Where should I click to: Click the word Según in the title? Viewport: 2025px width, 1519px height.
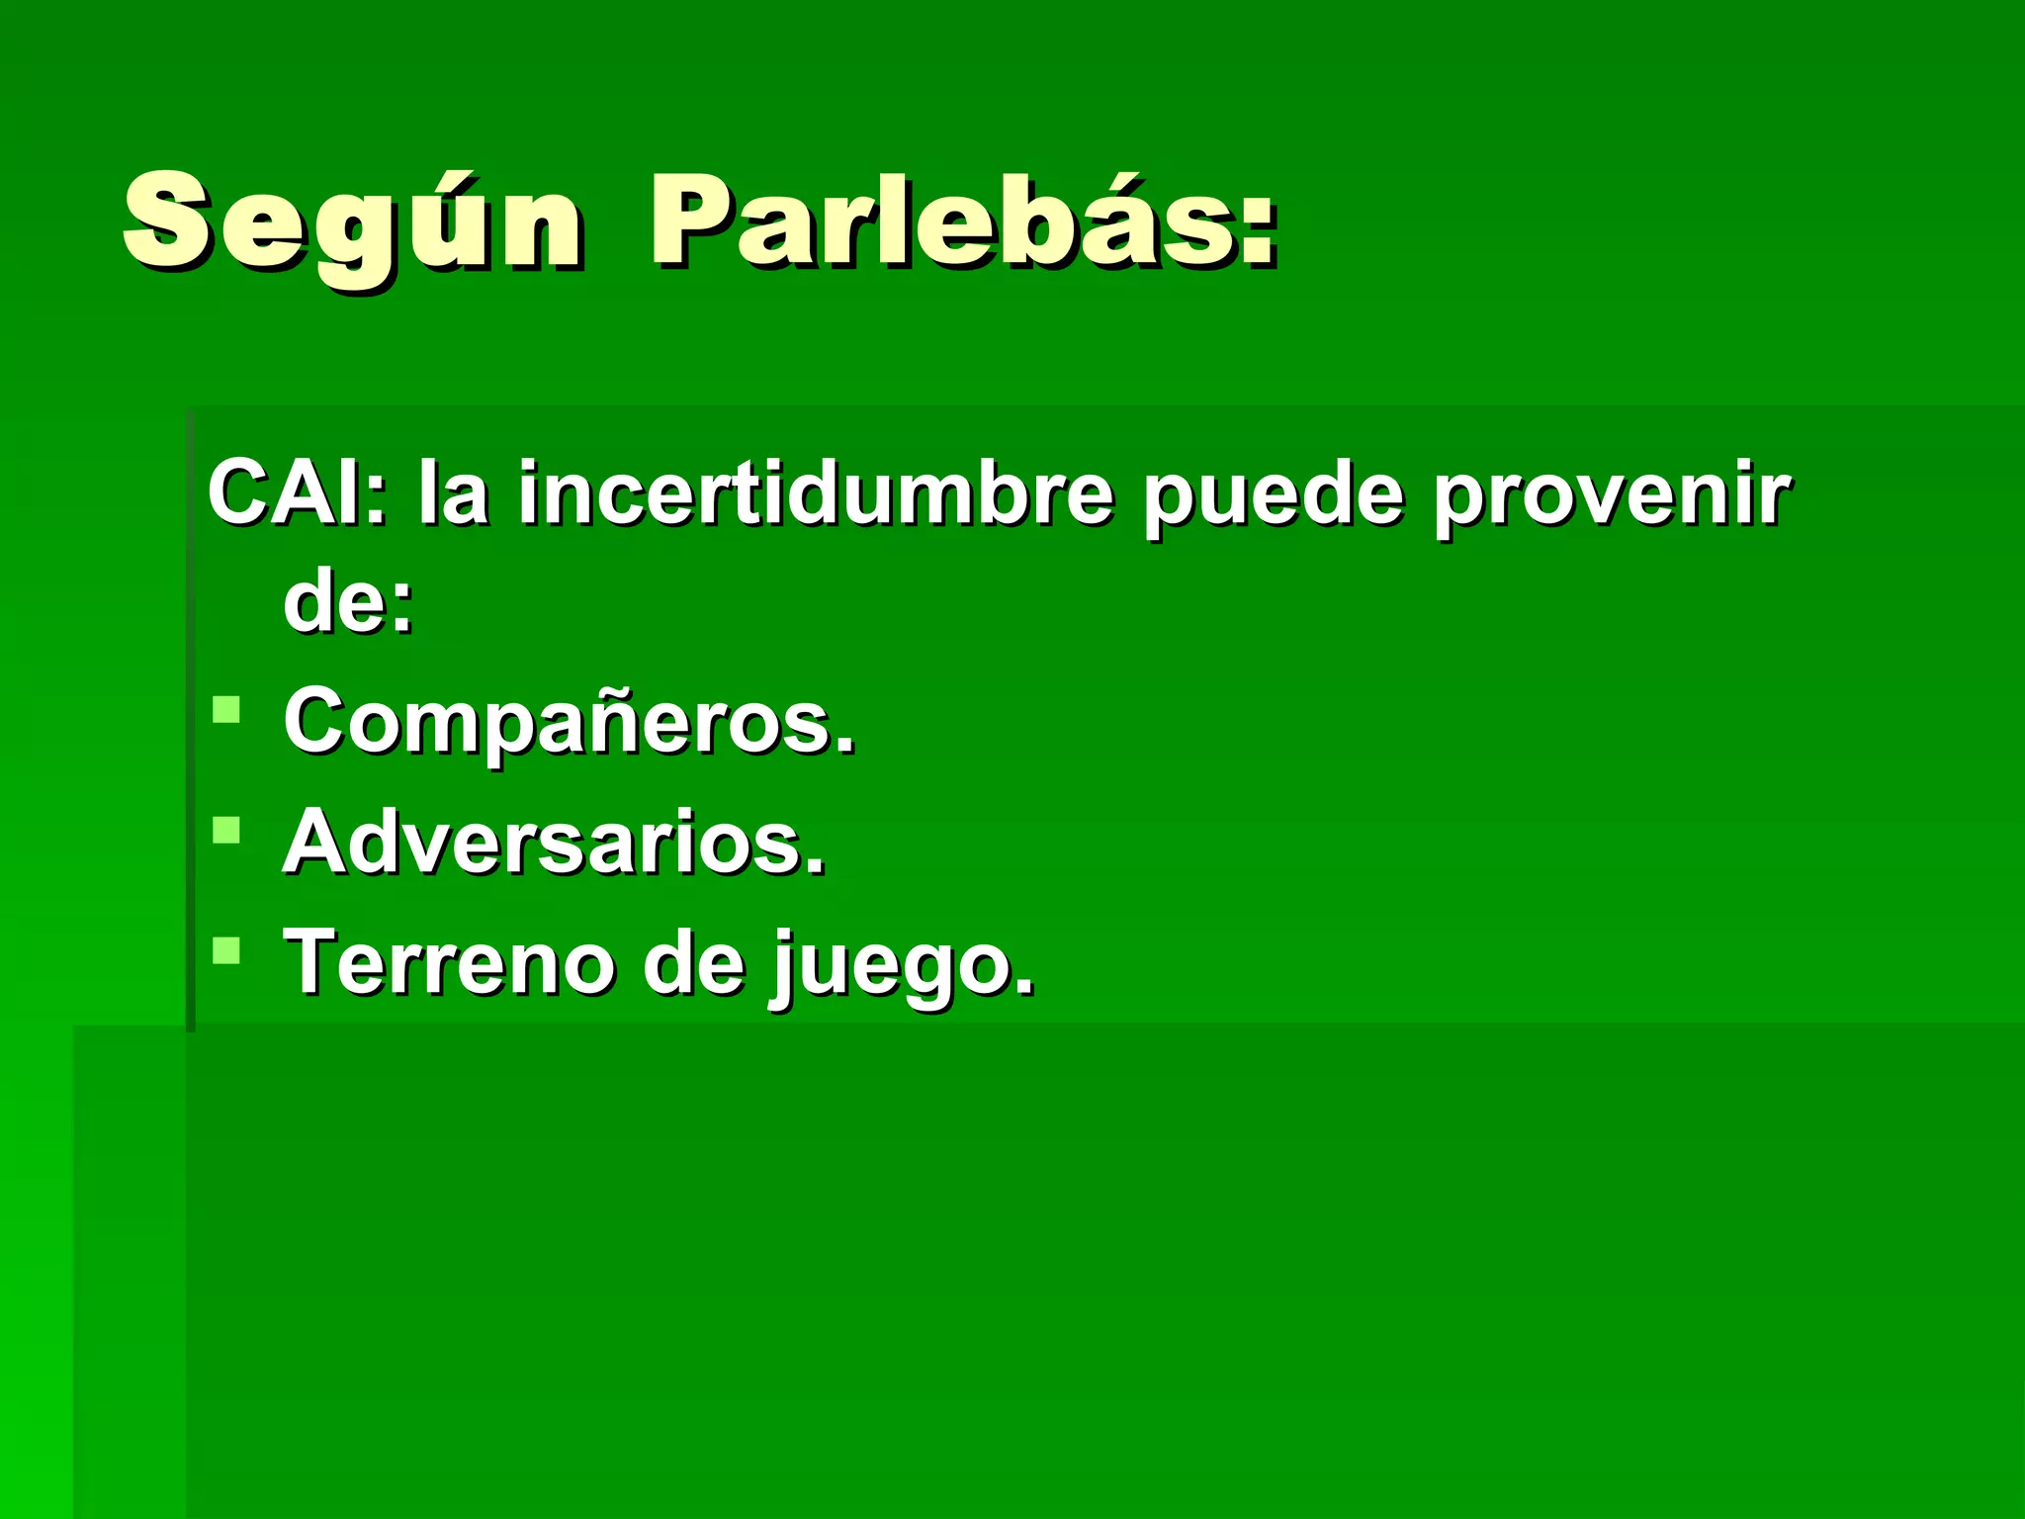pos(353,223)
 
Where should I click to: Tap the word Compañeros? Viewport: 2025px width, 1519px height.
pos(568,722)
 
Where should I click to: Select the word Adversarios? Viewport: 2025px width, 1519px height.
pos(553,843)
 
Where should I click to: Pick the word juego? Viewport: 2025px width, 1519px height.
pos(900,965)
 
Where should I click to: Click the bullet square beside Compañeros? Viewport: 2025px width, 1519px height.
pos(226,710)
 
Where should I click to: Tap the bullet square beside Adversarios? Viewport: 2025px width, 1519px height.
pos(226,830)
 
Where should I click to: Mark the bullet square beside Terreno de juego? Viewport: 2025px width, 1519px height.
pos(226,950)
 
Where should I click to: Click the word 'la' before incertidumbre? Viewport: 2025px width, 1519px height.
pos(453,492)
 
